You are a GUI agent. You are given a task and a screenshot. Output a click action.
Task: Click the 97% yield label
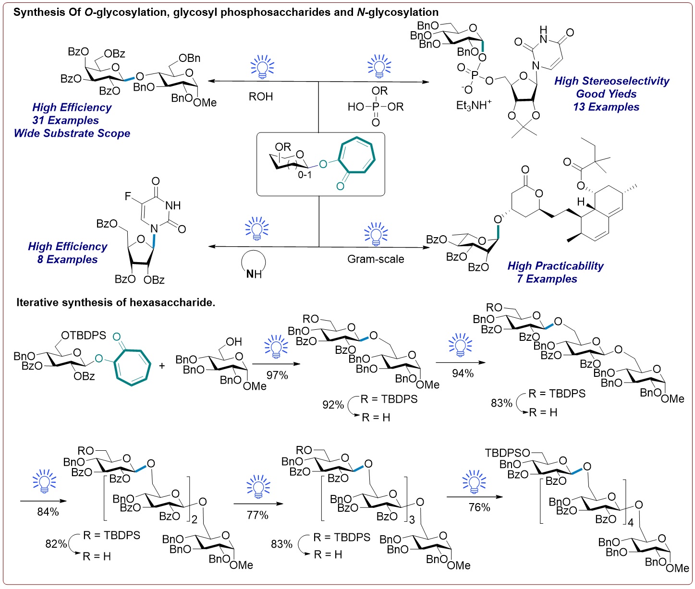tap(277, 375)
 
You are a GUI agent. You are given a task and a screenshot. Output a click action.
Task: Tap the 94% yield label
tap(463, 373)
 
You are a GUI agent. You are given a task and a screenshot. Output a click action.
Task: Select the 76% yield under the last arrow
tap(479, 507)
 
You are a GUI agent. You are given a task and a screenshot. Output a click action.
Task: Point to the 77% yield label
tap(257, 515)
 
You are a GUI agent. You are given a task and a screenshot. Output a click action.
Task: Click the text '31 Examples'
tap(65, 120)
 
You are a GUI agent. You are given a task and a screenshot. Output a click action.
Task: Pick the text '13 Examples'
tap(606, 107)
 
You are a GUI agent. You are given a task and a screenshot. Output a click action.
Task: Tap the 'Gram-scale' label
tap(376, 259)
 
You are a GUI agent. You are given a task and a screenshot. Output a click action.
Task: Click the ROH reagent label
tap(261, 96)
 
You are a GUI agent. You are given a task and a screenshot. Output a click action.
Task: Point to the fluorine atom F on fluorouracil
tap(128, 196)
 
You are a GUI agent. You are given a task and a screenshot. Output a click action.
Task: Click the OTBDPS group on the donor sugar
tap(84, 336)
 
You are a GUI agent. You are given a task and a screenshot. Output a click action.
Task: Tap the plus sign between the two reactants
tap(162, 366)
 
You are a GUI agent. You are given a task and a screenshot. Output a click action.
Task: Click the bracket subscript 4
tap(631, 522)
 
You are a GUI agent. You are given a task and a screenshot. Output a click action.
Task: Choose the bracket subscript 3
tap(412, 520)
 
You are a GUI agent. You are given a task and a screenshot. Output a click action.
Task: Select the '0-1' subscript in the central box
tap(305, 175)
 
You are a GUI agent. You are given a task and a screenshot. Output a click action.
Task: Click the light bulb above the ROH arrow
tap(262, 67)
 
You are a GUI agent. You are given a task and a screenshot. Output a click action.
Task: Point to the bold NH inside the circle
tap(254, 274)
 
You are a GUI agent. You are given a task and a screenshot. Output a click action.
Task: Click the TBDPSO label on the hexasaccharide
tap(507, 453)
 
